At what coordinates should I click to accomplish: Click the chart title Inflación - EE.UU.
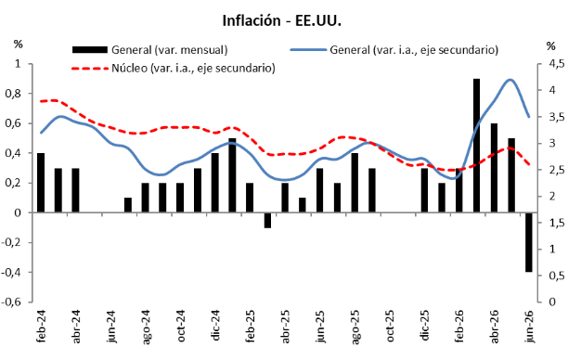[281, 20]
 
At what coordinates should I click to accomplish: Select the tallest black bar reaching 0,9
[476, 146]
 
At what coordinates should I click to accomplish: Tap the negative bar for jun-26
[529, 242]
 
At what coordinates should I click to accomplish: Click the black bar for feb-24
[41, 183]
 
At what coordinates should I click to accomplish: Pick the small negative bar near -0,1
[267, 220]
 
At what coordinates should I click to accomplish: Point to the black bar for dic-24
[215, 183]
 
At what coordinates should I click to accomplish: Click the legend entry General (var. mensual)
[150, 49]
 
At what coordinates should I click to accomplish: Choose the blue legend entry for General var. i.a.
[394, 49]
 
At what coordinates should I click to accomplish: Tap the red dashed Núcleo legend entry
[173, 68]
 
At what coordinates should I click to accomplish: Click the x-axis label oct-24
[180, 326]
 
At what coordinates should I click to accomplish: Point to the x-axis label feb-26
[459, 326]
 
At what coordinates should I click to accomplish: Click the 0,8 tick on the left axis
[13, 94]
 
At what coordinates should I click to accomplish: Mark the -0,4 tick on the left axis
[11, 273]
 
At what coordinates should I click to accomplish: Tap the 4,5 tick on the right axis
[556, 64]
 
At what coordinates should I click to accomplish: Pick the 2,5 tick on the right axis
[556, 170]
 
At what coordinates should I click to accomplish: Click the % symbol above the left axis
[19, 45]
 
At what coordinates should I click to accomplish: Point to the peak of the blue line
[510, 80]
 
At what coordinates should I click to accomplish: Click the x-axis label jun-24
[110, 326]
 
